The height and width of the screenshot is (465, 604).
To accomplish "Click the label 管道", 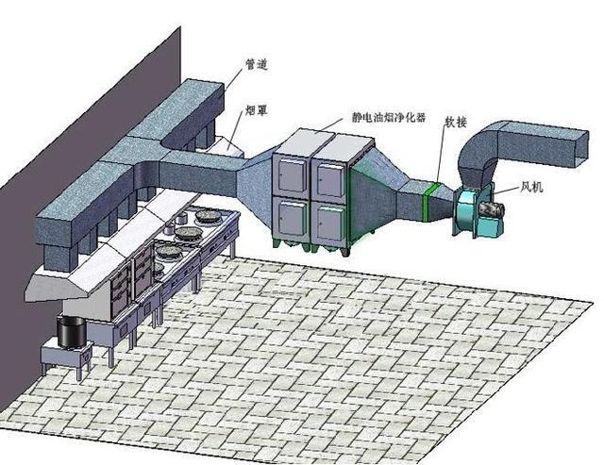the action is pos(256,64).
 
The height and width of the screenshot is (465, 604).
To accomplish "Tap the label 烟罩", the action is pos(256,110).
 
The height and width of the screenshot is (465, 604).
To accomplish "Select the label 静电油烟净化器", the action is pos(388,117).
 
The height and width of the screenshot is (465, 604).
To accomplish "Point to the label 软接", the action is pos(456,122).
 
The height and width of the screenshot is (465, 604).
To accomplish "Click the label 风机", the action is pos(531,187).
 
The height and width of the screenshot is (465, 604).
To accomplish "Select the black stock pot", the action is pos(72,332).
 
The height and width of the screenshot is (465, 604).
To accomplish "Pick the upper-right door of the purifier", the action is pos(330,180).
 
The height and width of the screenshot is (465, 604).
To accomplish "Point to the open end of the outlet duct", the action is pos(581,149).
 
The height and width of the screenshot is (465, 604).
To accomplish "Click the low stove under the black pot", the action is pos(66,357).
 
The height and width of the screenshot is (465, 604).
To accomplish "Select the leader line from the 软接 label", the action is pos(441,155).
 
